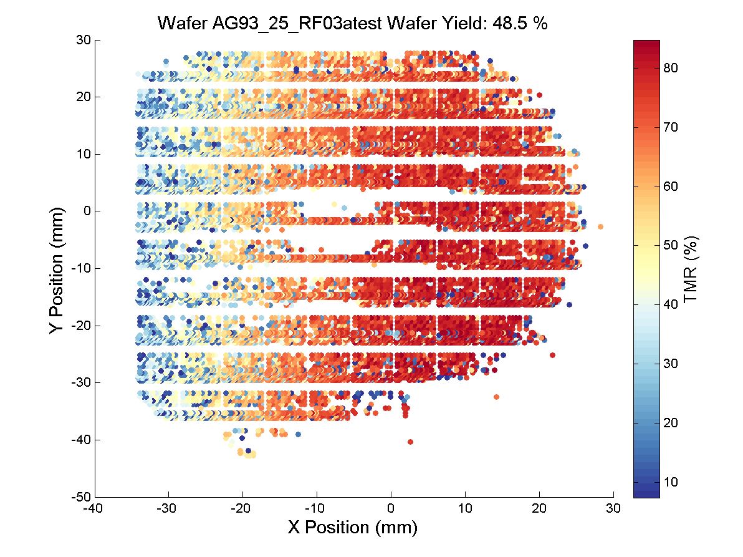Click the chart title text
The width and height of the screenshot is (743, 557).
352,24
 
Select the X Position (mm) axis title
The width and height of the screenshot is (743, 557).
352,527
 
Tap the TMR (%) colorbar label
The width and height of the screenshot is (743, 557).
689,269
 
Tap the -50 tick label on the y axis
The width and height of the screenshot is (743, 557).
82,497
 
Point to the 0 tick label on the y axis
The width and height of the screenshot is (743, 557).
88,211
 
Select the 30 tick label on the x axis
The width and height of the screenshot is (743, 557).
613,508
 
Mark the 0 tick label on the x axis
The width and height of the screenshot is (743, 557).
391,508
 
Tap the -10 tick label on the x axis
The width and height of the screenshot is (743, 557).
317,508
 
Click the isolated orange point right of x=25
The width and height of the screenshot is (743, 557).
600,226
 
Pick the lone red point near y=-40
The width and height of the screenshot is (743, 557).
410,442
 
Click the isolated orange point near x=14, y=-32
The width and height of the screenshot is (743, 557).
496,397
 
